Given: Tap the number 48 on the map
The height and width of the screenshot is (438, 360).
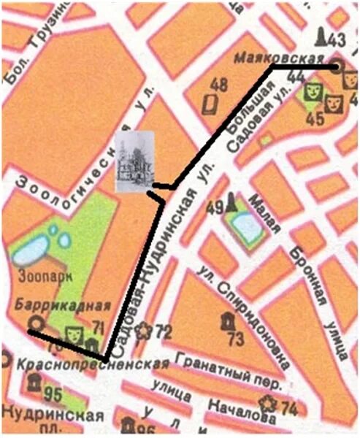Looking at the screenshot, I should click(218, 83).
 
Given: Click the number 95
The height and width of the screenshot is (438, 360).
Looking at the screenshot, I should click(53, 396).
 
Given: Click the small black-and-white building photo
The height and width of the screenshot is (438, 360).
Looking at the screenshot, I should click(136, 161).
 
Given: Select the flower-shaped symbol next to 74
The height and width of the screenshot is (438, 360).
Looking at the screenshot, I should click(270, 404).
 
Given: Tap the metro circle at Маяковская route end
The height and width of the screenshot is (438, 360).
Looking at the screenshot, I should click(336, 66).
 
